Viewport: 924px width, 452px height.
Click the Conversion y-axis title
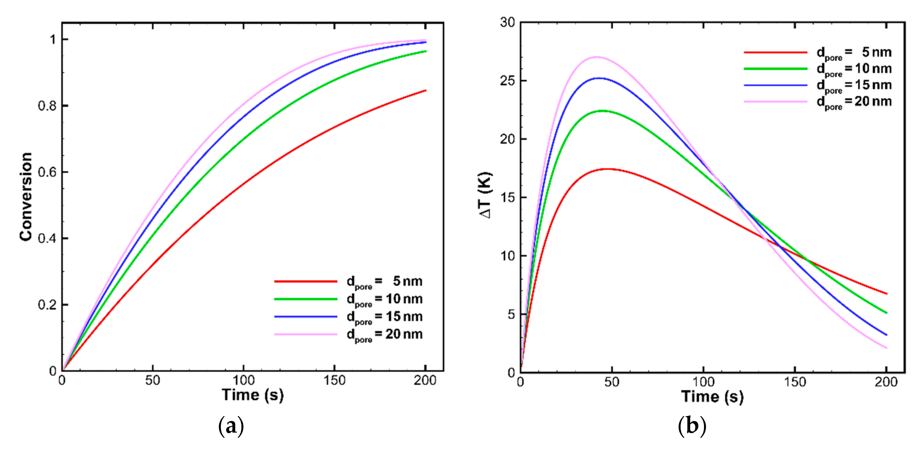click(26, 196)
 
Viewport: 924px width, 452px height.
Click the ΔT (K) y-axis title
click(485, 195)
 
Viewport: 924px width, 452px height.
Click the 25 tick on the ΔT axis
click(507, 81)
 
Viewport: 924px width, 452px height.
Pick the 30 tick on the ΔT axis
click(507, 22)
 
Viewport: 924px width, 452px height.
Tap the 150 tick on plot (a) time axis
click(334, 380)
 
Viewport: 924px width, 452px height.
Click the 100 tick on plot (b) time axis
click(703, 382)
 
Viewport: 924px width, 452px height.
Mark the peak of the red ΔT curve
click(607, 169)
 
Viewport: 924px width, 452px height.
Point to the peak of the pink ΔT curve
click(596, 57)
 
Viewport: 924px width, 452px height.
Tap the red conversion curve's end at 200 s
click(425, 90)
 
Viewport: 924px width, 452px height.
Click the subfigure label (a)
click(231, 426)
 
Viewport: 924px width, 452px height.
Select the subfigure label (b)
click(692, 426)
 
